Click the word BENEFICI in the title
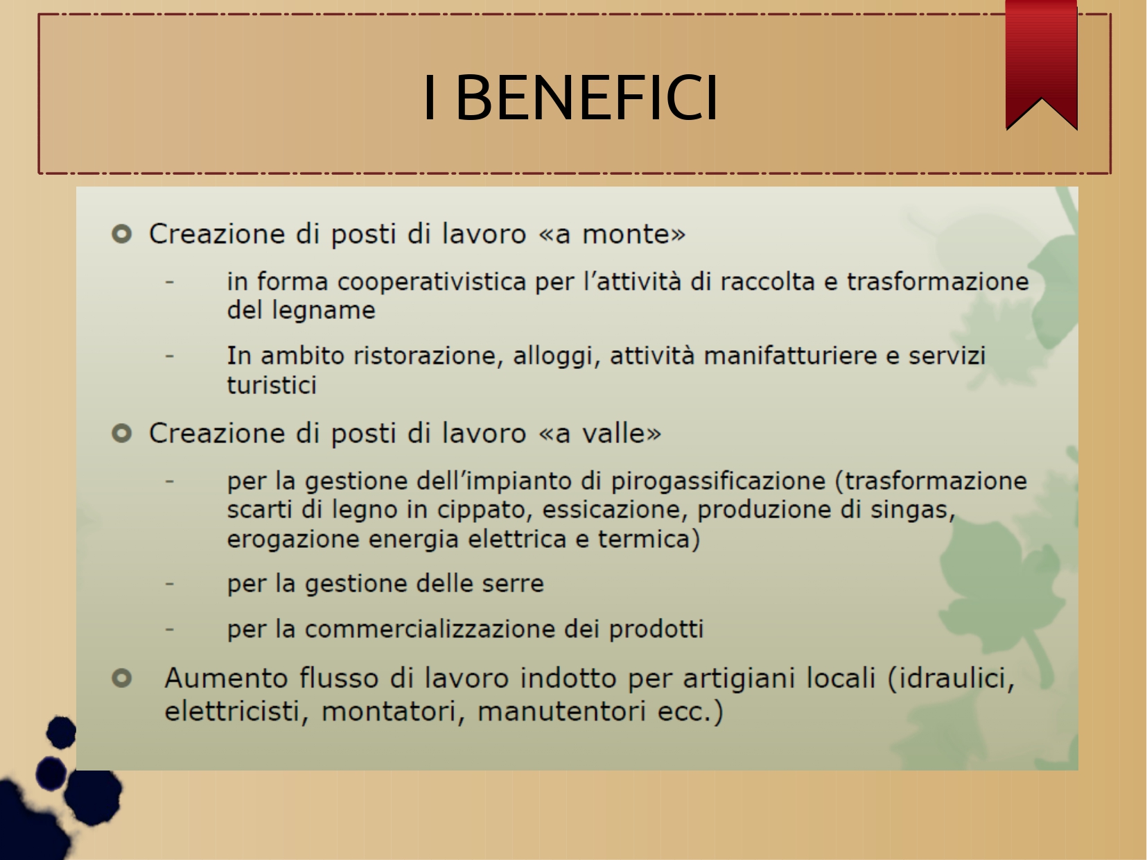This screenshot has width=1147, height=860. click(587, 98)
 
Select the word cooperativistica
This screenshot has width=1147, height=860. click(432, 282)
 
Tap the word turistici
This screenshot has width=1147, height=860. click(272, 386)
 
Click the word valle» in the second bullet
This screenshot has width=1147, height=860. click(622, 433)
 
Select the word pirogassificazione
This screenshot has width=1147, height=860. click(718, 481)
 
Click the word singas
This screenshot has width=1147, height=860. click(912, 510)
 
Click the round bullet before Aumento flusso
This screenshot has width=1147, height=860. click(122, 678)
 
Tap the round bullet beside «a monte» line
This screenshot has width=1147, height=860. click(122, 234)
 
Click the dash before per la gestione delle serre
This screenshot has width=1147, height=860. click(169, 583)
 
